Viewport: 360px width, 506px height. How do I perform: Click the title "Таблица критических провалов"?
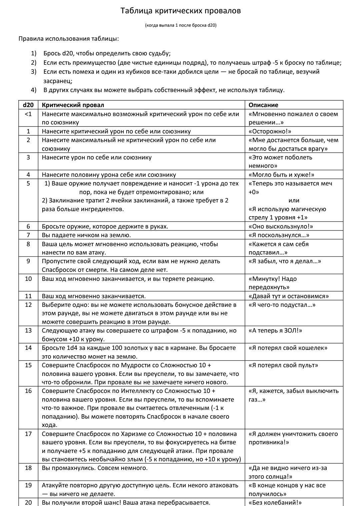(180, 11)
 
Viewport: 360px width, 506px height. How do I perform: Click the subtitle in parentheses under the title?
(181, 25)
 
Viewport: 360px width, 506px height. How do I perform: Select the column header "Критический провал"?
(73, 105)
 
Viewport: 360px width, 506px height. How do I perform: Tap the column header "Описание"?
(263, 105)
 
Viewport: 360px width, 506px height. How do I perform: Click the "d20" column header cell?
(28, 105)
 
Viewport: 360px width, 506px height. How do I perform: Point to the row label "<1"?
(28, 114)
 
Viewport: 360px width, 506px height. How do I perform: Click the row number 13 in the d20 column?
(28, 331)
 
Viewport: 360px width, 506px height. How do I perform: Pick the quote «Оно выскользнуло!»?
(281, 226)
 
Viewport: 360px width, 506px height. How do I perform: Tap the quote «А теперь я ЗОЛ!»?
(275, 331)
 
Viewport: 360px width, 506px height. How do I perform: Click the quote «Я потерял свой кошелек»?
(288, 348)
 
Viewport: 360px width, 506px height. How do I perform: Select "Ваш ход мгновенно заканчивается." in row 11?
(94, 296)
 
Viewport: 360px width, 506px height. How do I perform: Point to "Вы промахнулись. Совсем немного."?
(95, 468)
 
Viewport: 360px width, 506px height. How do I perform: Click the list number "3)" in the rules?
(33, 72)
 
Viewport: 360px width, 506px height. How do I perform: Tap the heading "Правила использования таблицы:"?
(69, 39)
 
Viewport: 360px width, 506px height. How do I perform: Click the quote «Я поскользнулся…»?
(279, 235)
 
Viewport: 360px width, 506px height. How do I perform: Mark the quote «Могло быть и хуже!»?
(281, 175)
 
